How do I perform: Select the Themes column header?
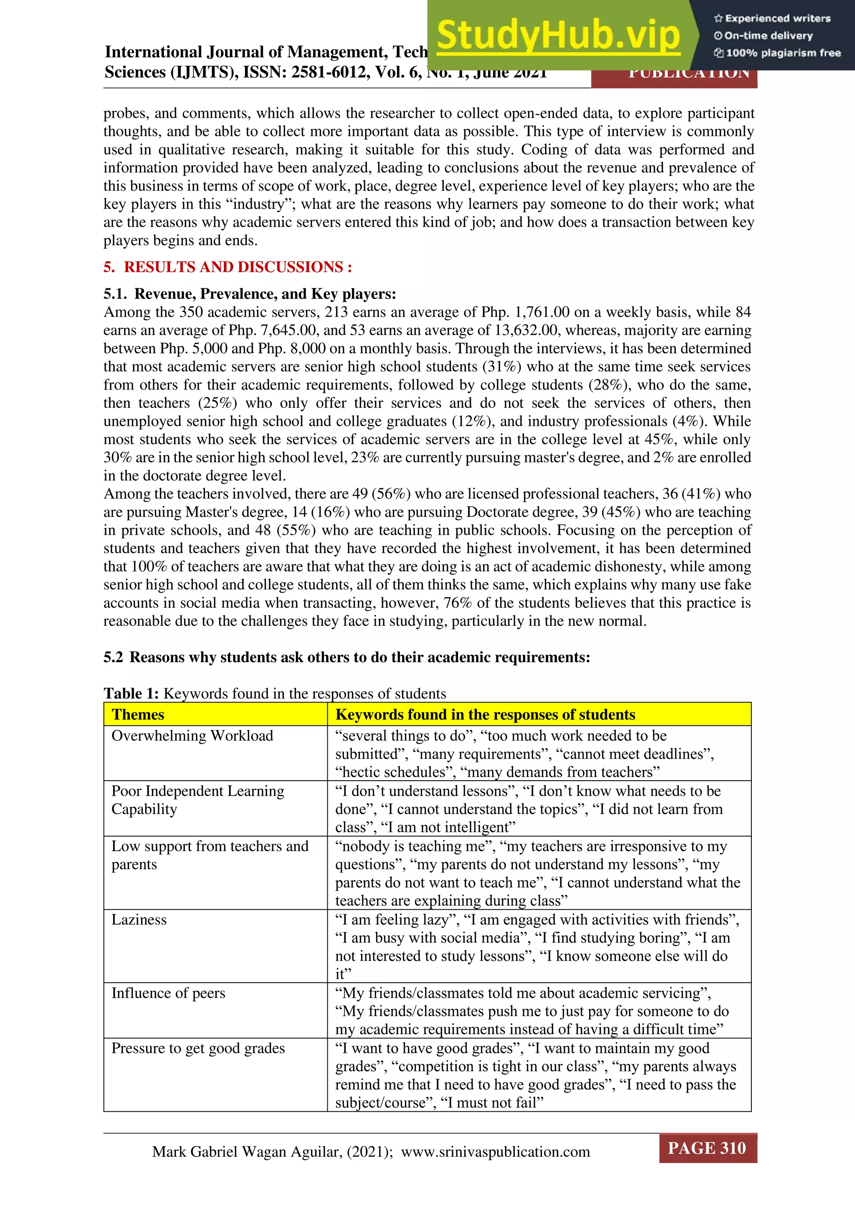pos(138,715)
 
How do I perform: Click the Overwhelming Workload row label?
pos(192,736)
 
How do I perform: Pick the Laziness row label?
pos(139,919)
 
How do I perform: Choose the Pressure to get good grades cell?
pos(198,1048)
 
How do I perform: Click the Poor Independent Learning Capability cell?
pos(197,799)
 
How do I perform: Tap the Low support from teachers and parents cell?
pos(210,855)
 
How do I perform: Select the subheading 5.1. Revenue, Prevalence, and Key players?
pos(250,294)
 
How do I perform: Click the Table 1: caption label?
pos(131,693)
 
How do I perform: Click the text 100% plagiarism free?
pos(783,53)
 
